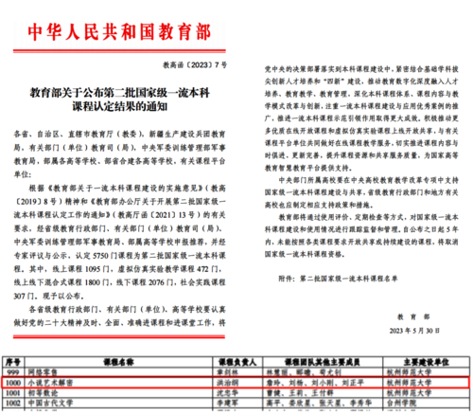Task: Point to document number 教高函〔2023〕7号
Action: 201,63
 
